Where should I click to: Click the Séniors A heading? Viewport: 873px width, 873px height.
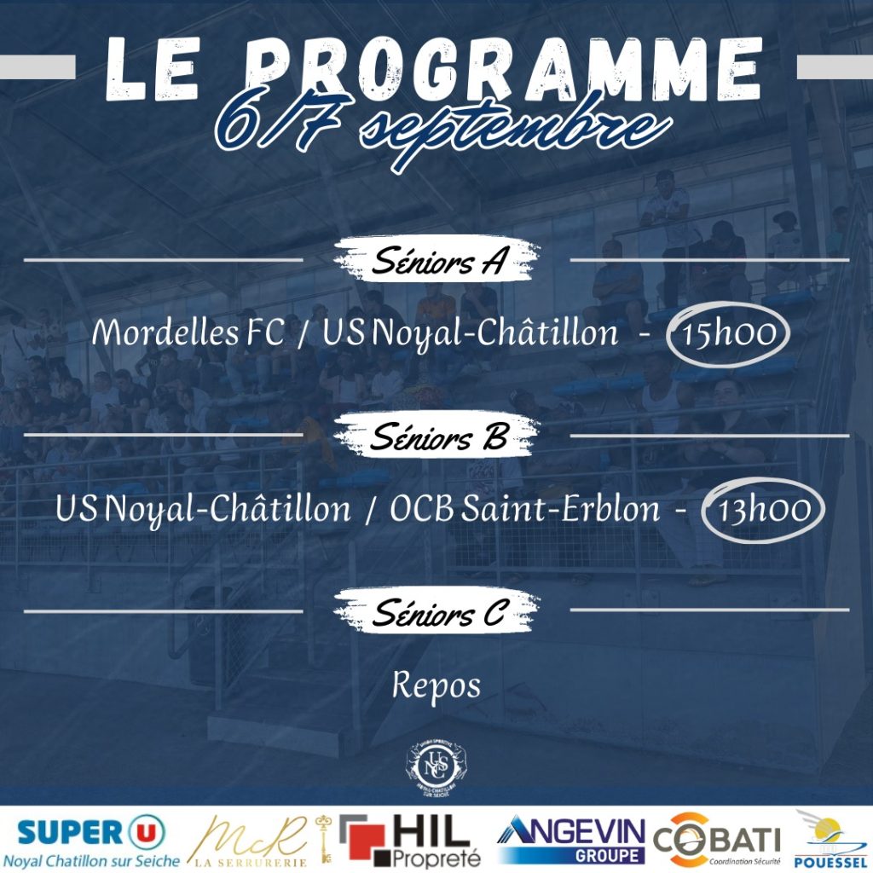(x=437, y=260)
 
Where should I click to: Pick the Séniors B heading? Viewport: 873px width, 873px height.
(x=437, y=436)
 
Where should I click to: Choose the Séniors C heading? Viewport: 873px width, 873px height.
(x=437, y=611)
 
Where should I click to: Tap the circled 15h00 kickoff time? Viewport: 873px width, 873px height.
(x=728, y=334)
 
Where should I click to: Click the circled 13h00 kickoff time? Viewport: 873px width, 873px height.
(x=763, y=510)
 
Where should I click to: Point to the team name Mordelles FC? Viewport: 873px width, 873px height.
(x=188, y=332)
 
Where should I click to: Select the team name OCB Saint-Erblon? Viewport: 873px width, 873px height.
(x=524, y=509)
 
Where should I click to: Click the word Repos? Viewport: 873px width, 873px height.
(x=436, y=686)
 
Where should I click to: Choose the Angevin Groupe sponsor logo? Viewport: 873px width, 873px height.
(x=570, y=840)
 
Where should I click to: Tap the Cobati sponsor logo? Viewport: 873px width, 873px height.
(x=717, y=840)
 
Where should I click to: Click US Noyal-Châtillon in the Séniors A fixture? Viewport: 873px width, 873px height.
(x=470, y=333)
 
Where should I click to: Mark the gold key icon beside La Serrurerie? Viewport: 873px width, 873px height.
(x=323, y=840)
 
